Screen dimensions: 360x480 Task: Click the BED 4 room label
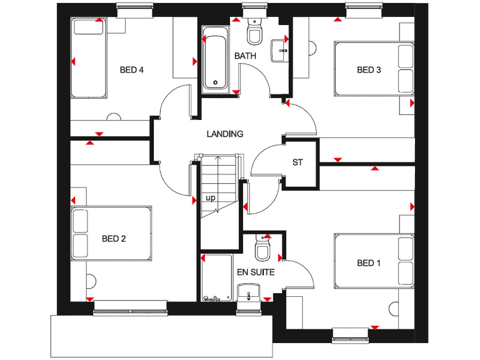(x=132, y=70)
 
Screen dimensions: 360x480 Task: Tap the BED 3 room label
(x=369, y=70)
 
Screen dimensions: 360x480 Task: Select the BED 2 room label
(x=114, y=238)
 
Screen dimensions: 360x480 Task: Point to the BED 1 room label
(x=369, y=263)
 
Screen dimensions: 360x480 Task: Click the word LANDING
(x=225, y=134)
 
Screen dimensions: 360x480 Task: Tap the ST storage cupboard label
(x=297, y=162)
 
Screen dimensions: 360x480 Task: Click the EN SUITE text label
(x=255, y=272)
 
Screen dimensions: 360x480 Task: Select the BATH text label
(x=245, y=56)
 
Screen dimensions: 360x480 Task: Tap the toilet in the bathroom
(x=254, y=32)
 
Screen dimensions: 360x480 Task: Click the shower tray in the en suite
(x=216, y=278)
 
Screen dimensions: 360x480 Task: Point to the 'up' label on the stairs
(x=211, y=198)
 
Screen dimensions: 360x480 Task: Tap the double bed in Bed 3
(x=374, y=69)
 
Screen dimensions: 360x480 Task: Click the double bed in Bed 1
(x=374, y=260)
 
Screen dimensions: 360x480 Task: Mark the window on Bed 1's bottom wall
(x=351, y=334)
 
